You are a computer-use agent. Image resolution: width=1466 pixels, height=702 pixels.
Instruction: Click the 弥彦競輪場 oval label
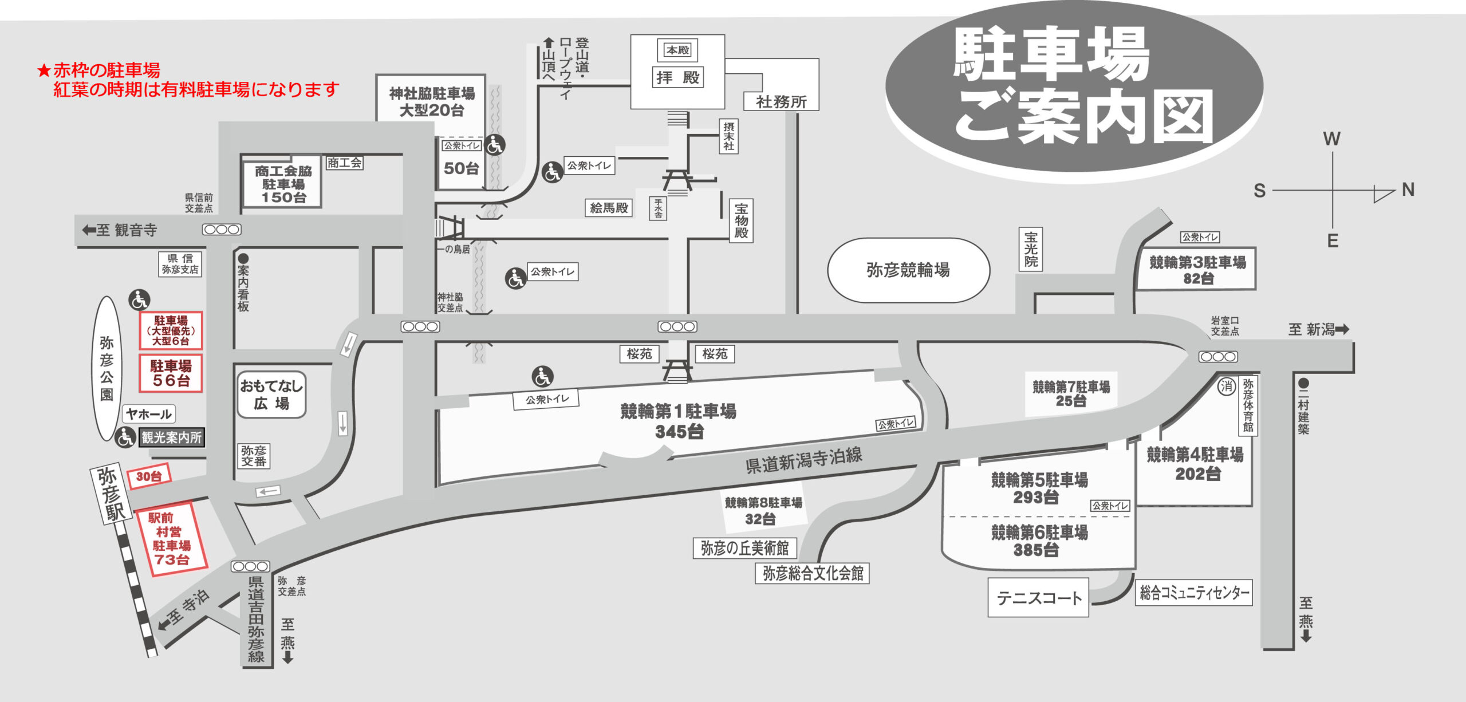908,270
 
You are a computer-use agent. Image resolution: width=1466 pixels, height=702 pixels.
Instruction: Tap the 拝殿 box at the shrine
678,77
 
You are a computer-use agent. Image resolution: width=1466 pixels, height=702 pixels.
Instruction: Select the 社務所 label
781,102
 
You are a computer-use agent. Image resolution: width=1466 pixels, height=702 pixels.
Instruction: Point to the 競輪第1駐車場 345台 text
679,421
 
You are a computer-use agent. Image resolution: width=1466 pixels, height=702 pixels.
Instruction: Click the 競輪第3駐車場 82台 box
1196,269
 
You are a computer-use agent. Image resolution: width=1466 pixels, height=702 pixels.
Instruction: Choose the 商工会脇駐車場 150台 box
282,183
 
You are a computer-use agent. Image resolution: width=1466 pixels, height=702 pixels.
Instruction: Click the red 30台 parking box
149,476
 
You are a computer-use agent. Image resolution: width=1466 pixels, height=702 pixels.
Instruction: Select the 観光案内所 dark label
171,437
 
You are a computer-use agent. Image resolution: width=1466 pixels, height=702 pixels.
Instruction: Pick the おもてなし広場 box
271,395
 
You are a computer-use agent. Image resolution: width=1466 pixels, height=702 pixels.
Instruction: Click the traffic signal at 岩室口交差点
1218,357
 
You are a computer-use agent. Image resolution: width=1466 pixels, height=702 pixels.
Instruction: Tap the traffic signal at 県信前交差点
222,230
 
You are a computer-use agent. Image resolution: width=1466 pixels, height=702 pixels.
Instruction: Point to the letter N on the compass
1408,190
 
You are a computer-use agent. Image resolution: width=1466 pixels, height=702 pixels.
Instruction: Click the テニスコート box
1038,598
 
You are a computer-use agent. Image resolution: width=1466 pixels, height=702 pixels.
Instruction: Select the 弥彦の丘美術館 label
744,548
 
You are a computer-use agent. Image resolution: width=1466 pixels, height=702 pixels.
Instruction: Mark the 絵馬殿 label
609,208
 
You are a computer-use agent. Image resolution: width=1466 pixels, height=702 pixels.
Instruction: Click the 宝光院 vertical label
1031,249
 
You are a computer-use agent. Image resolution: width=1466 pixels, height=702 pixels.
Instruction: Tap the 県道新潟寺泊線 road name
803,460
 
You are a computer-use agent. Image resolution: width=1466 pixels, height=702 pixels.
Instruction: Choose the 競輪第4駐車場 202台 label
1195,464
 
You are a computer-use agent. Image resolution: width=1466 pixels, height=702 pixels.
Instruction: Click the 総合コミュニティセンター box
1194,592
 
